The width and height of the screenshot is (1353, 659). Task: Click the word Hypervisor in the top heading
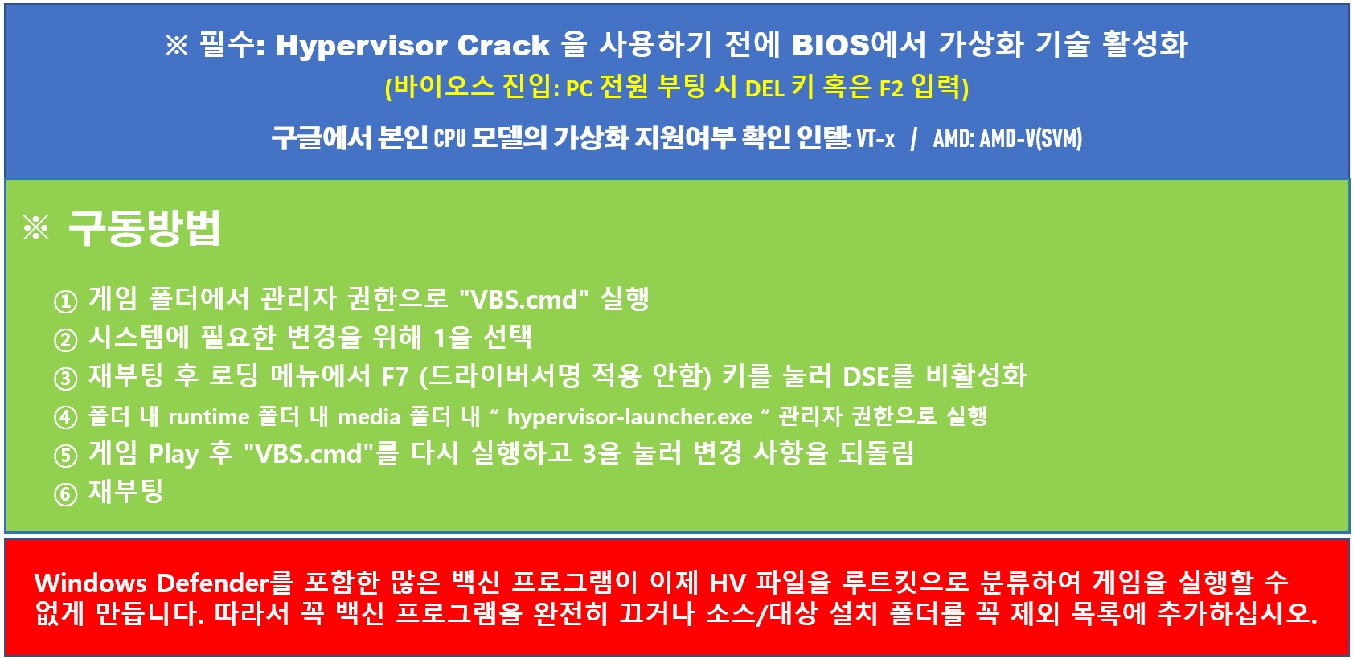[361, 46]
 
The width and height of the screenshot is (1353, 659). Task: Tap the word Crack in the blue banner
[503, 46]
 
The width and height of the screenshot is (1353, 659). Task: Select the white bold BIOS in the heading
[830, 45]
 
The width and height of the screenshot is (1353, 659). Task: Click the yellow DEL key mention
[765, 89]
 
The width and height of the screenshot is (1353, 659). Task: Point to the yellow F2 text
[891, 89]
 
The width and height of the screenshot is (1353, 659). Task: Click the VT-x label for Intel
[875, 139]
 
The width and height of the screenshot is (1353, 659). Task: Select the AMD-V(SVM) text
[1031, 139]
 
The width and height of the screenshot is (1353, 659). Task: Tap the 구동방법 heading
[145, 227]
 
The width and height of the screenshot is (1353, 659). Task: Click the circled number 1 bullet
[65, 301]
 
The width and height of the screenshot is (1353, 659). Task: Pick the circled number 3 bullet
[65, 379]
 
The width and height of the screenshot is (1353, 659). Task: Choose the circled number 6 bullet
[65, 494]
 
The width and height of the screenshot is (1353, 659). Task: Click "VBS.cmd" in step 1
[523, 299]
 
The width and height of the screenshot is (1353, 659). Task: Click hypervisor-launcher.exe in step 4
[629, 417]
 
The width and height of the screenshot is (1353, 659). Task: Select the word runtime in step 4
[208, 417]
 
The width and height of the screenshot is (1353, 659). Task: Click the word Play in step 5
[174, 454]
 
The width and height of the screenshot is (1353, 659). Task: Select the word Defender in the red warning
[213, 583]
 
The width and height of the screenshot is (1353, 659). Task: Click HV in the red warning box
[727, 583]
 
